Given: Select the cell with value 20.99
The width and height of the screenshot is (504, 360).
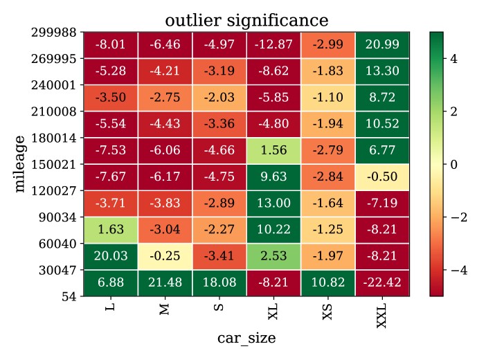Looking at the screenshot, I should [381, 45].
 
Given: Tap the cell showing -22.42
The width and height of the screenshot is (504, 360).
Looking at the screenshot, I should [381, 282].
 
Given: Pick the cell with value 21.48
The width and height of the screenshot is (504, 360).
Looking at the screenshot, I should [165, 282].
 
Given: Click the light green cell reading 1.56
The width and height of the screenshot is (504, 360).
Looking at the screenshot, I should [273, 150].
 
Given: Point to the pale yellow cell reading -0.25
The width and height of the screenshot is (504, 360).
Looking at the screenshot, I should [165, 256].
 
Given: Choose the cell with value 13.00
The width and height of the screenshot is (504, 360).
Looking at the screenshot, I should [273, 204].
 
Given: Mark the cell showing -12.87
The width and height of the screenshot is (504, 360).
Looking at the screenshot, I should [273, 45].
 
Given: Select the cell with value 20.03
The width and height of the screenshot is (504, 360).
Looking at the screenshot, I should [111, 256].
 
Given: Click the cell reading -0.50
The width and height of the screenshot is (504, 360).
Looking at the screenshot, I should [381, 177].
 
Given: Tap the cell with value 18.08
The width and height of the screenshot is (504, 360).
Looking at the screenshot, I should [219, 282].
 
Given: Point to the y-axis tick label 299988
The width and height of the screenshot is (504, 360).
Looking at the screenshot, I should [55, 33].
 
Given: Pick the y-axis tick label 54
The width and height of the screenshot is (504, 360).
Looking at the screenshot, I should [69, 296].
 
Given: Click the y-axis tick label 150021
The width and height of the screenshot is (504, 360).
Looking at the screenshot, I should [55, 164].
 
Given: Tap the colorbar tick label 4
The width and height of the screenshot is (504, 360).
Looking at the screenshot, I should [454, 59].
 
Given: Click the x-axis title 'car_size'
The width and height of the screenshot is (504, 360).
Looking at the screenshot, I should [246, 339].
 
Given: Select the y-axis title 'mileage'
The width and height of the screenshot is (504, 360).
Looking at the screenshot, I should [21, 164].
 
